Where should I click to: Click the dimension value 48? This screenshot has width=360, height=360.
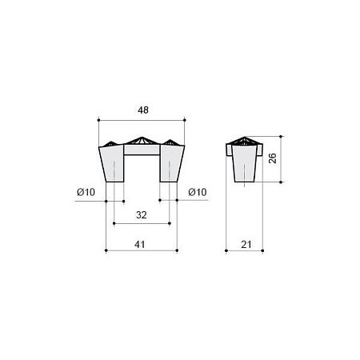[143, 110]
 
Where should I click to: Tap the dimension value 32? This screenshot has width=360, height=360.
[142, 215]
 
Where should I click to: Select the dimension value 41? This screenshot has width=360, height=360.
[140, 244]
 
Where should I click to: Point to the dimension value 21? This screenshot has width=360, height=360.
[246, 244]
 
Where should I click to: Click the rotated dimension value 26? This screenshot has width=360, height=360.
[272, 158]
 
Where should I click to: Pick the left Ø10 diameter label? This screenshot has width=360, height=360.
[86, 192]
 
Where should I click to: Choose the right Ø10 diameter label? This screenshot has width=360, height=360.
[198, 192]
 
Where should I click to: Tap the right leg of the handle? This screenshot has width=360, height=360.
[170, 164]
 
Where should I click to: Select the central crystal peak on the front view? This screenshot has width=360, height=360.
[142, 141]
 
